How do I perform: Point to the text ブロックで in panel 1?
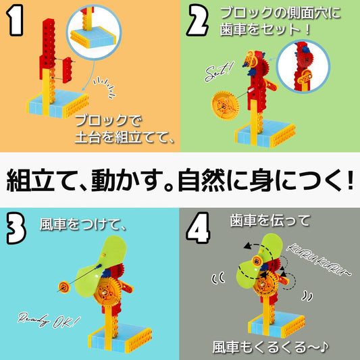click(x=105, y=124)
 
